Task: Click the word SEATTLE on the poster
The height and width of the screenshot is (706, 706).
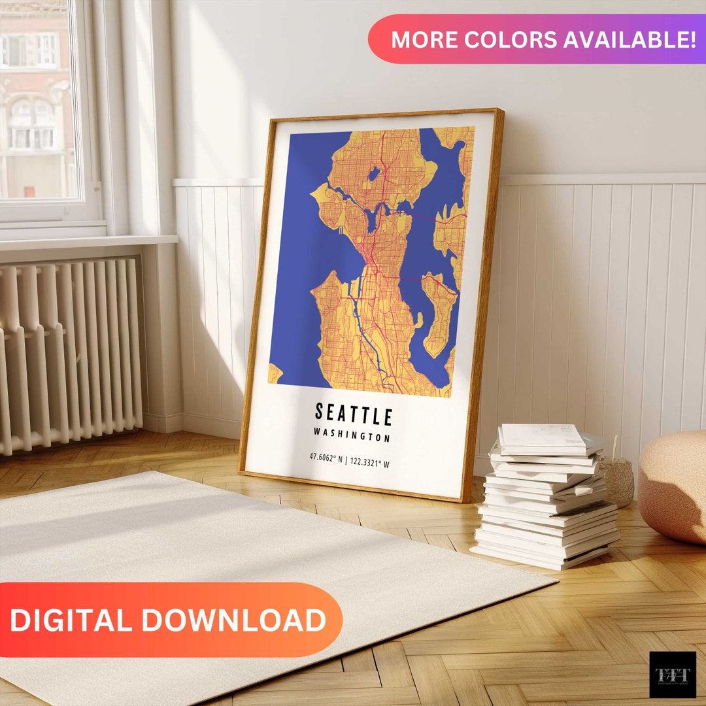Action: (354, 414)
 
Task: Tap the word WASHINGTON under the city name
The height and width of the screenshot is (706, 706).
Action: (352, 435)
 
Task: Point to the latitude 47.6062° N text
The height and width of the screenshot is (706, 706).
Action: (327, 458)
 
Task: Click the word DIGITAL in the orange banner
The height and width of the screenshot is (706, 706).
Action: (71, 620)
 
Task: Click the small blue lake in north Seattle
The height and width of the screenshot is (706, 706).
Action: (374, 175)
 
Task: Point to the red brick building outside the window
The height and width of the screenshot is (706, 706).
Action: (36, 98)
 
